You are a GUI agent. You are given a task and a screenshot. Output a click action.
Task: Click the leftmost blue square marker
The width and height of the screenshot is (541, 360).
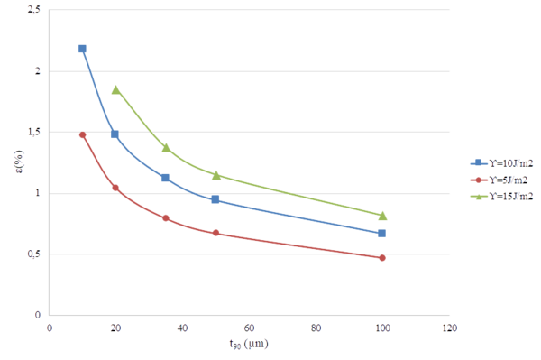click(82, 49)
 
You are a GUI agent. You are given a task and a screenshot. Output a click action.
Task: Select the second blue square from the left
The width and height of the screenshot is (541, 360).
click(115, 134)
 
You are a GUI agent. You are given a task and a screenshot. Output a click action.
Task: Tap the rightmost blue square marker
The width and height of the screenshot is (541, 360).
click(382, 233)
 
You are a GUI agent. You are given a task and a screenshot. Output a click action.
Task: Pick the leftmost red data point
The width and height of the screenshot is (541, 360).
click(82, 134)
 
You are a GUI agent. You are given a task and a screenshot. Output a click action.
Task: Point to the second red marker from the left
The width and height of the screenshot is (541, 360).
click(115, 187)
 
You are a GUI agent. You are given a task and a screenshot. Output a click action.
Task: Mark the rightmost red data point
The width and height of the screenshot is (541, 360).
click(382, 258)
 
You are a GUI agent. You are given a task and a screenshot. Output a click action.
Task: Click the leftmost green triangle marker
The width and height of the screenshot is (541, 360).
click(115, 89)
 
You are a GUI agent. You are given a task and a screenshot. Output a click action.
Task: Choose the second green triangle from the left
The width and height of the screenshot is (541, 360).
click(166, 147)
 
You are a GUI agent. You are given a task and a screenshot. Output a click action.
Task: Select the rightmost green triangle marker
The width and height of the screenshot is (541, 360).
click(382, 215)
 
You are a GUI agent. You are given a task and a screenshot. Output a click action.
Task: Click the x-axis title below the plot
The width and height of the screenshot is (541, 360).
click(249, 344)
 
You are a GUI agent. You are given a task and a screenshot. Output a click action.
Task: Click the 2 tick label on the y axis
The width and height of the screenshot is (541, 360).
click(37, 71)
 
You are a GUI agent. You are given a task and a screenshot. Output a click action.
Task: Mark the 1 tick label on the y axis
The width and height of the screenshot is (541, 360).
click(37, 193)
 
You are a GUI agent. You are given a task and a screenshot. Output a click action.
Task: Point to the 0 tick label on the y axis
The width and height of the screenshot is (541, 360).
click(37, 315)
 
